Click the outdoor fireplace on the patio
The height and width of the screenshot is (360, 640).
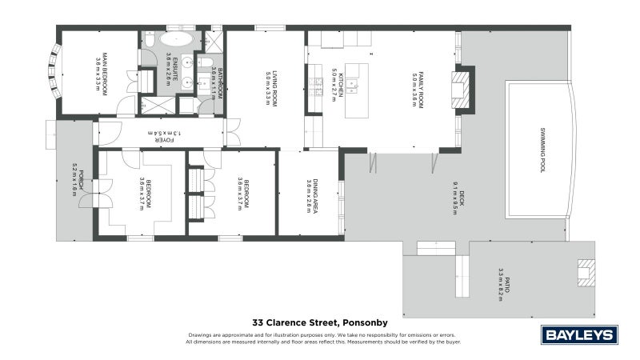586,273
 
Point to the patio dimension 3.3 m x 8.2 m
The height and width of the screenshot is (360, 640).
501,283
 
